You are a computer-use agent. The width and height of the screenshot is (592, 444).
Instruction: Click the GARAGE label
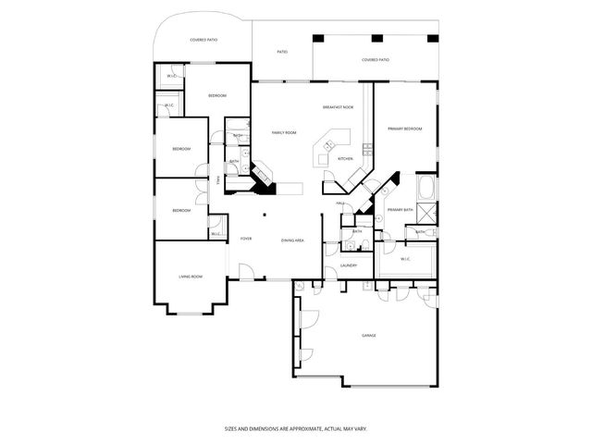click(368, 335)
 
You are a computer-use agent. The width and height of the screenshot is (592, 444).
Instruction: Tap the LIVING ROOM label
click(191, 277)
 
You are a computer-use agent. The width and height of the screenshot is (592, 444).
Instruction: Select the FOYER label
click(246, 239)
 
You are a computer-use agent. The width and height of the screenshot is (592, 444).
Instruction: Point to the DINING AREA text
click(294, 240)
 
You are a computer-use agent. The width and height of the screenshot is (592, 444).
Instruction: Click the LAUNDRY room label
click(349, 265)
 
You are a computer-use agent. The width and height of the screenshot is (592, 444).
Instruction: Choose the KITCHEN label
click(346, 158)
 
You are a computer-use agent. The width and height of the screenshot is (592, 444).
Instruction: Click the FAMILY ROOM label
click(283, 132)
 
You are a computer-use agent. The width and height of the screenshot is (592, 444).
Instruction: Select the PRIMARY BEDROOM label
click(405, 129)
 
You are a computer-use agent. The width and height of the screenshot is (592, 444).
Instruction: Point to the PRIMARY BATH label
click(400, 211)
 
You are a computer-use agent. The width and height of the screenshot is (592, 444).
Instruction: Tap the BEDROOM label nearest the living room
click(181, 211)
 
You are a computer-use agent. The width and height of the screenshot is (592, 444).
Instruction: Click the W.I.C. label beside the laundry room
click(405, 259)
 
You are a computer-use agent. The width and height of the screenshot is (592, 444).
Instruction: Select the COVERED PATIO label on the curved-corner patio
click(203, 40)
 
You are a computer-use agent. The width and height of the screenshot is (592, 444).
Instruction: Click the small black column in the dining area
click(265, 215)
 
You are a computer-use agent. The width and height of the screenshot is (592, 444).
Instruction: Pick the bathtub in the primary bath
click(428, 192)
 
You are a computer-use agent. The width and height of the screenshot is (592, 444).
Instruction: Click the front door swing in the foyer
click(246, 270)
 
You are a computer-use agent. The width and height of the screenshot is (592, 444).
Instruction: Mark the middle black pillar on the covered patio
click(376, 39)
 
